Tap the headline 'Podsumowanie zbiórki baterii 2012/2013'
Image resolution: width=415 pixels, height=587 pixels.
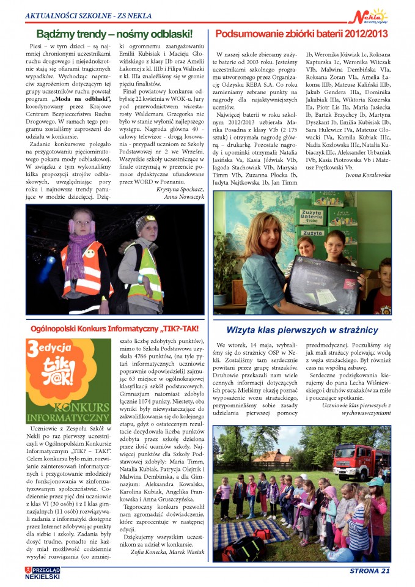[302, 34]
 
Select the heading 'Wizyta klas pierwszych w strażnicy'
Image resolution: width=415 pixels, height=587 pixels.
[303, 330]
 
